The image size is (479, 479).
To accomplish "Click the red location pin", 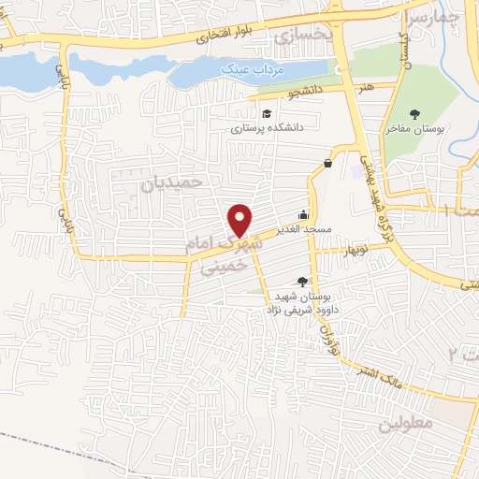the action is click(x=241, y=219).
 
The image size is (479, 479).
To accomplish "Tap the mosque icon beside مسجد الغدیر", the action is click(x=303, y=214).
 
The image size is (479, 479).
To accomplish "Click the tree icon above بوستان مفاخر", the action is click(x=414, y=114).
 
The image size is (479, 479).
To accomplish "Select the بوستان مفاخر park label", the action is click(x=414, y=129).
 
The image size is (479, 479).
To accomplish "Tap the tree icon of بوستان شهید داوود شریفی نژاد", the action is click(x=301, y=280).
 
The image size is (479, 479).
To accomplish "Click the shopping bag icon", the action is click(x=327, y=163).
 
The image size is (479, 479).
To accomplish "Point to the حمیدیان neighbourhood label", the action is click(x=171, y=184).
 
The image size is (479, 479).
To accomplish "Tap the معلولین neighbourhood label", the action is click(x=406, y=424).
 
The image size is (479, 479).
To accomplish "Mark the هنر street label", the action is click(x=360, y=85).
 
